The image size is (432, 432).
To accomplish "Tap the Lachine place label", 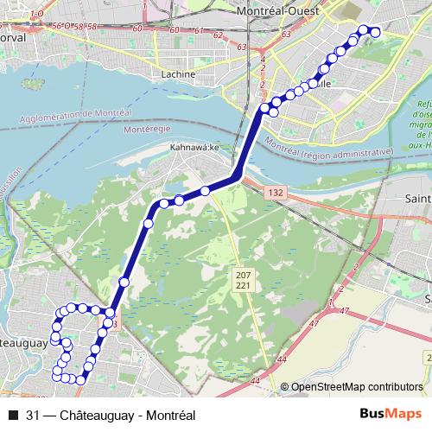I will pyautogui.click(x=179, y=74).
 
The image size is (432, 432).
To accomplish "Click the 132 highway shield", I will pyautogui.click(x=276, y=191).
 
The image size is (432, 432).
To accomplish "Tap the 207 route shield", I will pyautogui.click(x=242, y=274).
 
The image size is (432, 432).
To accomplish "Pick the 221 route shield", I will pyautogui.click(x=242, y=284).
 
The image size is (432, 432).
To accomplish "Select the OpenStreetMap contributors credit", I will pyautogui.click(x=356, y=386).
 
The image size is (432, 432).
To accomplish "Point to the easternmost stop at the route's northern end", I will pyautogui.click(x=375, y=32).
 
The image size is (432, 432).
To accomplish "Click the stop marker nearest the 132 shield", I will pyautogui.click(x=205, y=190).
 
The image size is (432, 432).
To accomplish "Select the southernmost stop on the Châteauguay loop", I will pyautogui.click(x=80, y=379).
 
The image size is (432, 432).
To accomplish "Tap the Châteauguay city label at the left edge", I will pyautogui.click(x=22, y=343).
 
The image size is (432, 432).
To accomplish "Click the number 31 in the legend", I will pyautogui.click(x=34, y=415).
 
